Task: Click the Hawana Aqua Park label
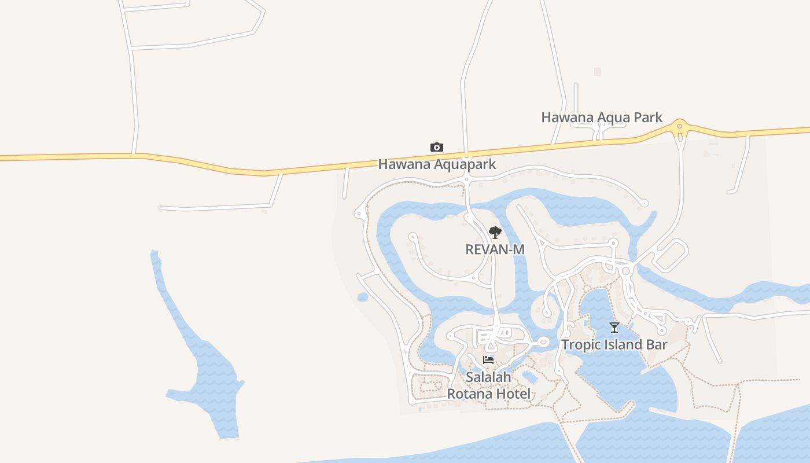coord(602,117)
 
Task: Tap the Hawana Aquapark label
coord(437,164)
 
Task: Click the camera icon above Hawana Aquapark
coord(437,148)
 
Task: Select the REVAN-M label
coord(495,249)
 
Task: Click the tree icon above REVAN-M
coord(495,233)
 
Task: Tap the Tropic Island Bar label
coord(614,345)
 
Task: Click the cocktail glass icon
coord(614,328)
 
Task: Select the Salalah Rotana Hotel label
coord(489,386)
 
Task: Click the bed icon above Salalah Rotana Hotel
coord(488,359)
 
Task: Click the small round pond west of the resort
coord(363,297)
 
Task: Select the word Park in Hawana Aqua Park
coord(647,117)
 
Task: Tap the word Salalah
coord(489,377)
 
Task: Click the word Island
coord(622,345)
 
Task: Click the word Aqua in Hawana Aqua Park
coord(607,117)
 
